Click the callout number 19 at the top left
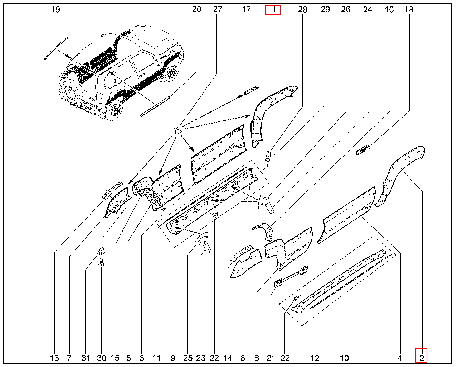(x=55, y=10)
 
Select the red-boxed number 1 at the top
(x=274, y=10)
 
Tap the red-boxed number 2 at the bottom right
(x=422, y=358)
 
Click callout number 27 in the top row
(x=218, y=10)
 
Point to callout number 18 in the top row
(x=409, y=10)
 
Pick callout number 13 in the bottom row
(x=54, y=358)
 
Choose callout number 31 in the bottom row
(x=86, y=358)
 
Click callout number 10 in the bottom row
(x=344, y=358)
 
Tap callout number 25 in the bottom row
(x=188, y=358)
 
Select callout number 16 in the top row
(x=389, y=10)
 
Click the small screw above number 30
(x=101, y=262)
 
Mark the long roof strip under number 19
(x=56, y=49)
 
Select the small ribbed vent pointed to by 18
(x=363, y=150)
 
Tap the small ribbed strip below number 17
(x=252, y=90)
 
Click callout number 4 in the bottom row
(x=399, y=358)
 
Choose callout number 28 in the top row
(x=303, y=10)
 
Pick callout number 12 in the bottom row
(x=315, y=358)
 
